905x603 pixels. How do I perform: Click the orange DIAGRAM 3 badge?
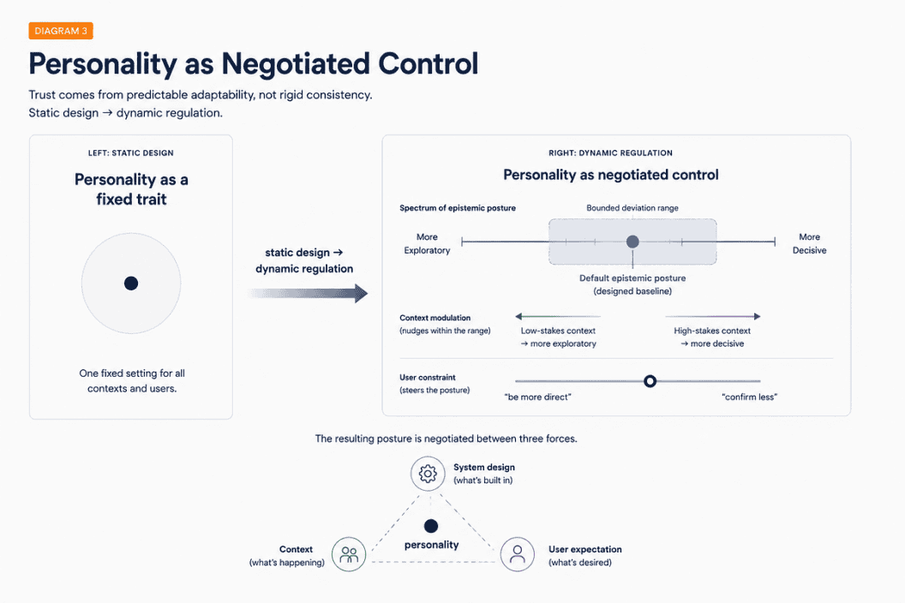61,31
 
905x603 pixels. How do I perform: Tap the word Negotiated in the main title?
296,63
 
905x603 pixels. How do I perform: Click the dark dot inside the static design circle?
131,284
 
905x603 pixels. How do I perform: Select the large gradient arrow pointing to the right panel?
309,293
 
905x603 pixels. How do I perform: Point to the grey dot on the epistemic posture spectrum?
632,242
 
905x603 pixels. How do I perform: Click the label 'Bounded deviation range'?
632,208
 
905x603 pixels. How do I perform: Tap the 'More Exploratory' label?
427,243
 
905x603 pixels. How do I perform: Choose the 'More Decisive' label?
809,243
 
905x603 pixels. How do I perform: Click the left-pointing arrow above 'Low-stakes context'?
558,316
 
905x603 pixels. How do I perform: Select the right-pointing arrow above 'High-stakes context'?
713,316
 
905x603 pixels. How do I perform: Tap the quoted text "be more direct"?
537,397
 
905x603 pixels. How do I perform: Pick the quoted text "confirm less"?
749,397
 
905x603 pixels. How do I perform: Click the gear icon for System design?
428,474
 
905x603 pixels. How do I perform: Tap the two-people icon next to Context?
349,554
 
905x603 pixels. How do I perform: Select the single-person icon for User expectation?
517,554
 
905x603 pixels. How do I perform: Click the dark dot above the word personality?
430,526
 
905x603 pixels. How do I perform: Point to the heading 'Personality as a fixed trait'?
132,189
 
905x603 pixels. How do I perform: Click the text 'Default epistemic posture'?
632,278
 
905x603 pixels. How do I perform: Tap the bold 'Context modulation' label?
435,318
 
